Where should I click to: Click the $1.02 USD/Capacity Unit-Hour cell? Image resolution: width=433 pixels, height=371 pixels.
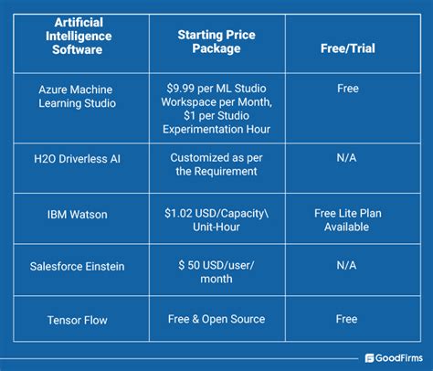click(216, 218)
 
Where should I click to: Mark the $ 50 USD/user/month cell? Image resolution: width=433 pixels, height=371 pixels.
click(216, 270)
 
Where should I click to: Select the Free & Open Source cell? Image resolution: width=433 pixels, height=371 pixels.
click(216, 319)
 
